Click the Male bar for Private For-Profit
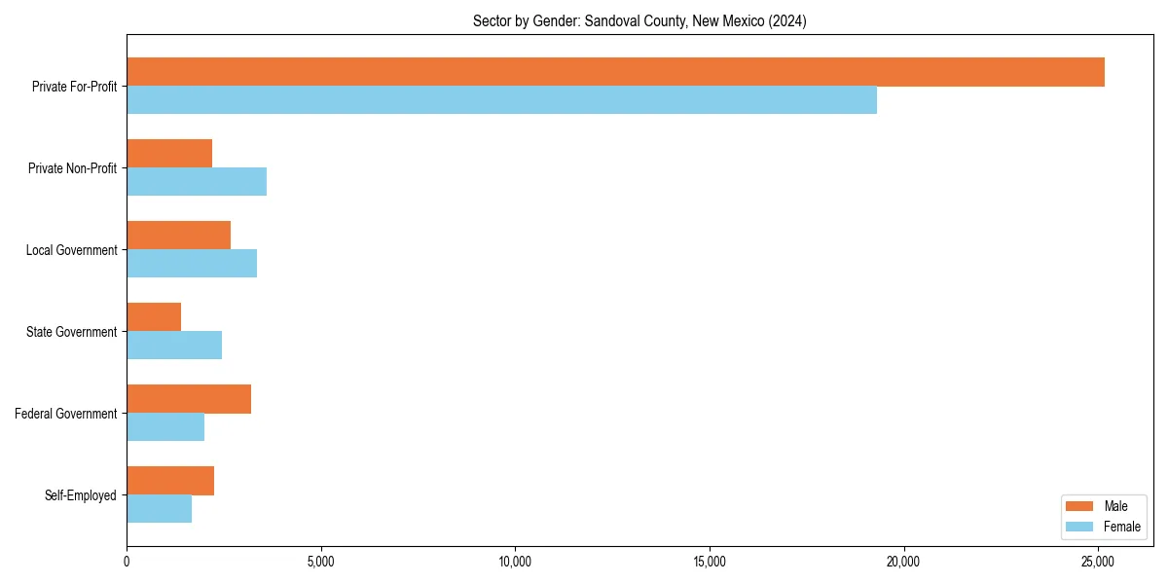click(615, 72)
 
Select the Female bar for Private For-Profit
click(501, 100)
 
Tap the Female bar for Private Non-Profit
click(197, 182)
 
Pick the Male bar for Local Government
click(178, 236)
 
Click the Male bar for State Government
click(154, 317)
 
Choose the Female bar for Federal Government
click(165, 427)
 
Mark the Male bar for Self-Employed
click(170, 481)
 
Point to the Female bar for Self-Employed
click(159, 509)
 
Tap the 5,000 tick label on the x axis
click(320, 562)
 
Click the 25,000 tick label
click(1099, 562)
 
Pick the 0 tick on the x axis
click(127, 562)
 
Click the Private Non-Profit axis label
click(72, 168)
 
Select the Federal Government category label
click(66, 414)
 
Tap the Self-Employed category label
click(81, 495)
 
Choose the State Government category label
click(72, 332)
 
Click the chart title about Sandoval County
click(639, 20)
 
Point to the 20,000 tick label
click(904, 562)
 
